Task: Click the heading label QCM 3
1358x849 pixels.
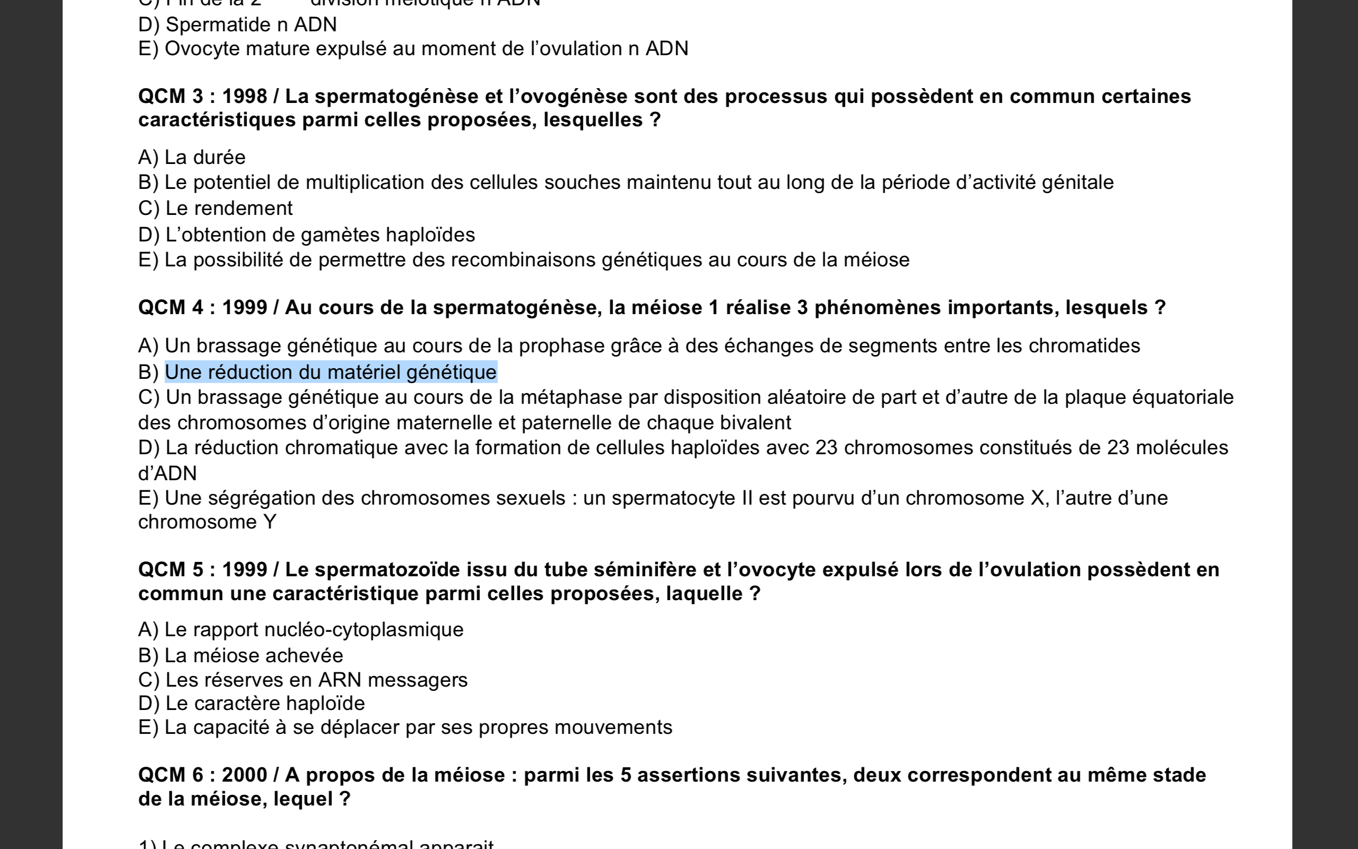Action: (171, 97)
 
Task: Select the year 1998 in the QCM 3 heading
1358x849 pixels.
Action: (245, 97)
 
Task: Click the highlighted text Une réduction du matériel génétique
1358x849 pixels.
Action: (330, 372)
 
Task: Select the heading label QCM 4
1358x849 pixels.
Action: (171, 308)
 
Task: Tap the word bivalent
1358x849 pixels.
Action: (755, 423)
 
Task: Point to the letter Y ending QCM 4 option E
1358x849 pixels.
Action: (269, 522)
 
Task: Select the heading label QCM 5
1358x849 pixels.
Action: (171, 570)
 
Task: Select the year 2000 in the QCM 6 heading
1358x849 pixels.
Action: (245, 775)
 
